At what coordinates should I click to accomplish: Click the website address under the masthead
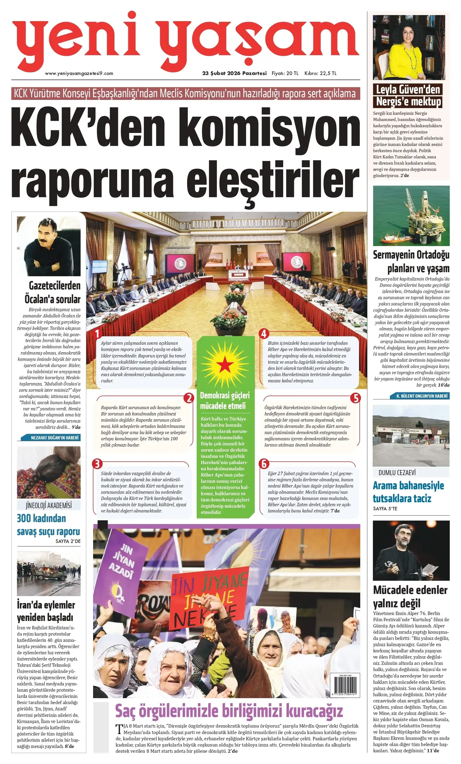(x=79, y=73)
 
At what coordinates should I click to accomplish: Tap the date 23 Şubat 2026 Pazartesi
(x=234, y=73)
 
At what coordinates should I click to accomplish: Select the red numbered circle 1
(x=97, y=334)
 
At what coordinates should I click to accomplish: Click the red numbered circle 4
(x=264, y=334)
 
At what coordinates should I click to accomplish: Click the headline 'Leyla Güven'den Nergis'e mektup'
(x=408, y=95)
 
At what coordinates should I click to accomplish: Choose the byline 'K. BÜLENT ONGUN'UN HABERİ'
(x=422, y=396)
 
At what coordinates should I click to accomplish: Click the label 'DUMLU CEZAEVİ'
(x=397, y=472)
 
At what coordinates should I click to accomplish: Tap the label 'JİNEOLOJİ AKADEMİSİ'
(x=49, y=506)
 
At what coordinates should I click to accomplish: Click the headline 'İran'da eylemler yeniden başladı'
(x=46, y=611)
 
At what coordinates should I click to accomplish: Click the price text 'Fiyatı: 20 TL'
(x=285, y=73)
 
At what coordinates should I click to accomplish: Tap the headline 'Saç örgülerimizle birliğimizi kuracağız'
(x=229, y=711)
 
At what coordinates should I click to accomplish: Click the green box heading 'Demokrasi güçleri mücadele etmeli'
(x=225, y=401)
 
